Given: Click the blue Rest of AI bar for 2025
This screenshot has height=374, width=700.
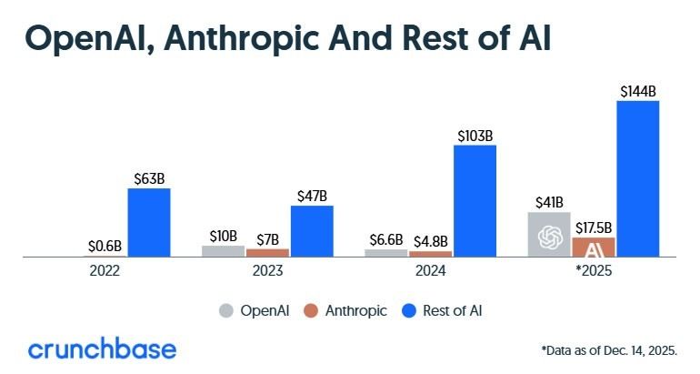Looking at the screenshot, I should [637, 178].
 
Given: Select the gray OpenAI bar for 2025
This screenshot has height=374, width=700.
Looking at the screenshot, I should [549, 235].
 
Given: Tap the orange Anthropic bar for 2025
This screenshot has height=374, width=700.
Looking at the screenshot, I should [593, 248].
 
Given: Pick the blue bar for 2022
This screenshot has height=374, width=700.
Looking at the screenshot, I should [148, 223].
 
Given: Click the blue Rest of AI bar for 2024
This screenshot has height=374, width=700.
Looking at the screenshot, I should [475, 201].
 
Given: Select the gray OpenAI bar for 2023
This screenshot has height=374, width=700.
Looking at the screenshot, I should [223, 251].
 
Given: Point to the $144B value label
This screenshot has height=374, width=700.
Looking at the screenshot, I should [637, 91].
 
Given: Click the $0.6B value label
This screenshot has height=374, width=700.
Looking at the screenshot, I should [105, 246].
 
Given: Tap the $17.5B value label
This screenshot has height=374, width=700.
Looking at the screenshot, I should [593, 227].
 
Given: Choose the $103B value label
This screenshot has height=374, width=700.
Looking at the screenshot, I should [475, 135].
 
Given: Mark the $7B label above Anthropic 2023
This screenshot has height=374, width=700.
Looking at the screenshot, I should [267, 238].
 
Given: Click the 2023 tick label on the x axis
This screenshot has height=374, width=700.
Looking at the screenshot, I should [267, 271].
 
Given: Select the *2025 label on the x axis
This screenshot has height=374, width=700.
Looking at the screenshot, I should [593, 271].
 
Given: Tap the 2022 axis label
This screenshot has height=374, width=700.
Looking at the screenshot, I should [105, 271].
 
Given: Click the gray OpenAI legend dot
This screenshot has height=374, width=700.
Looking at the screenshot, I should [226, 310].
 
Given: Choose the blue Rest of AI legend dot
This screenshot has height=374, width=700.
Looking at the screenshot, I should [409, 310].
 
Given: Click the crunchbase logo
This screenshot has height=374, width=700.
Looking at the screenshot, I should [102, 349].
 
